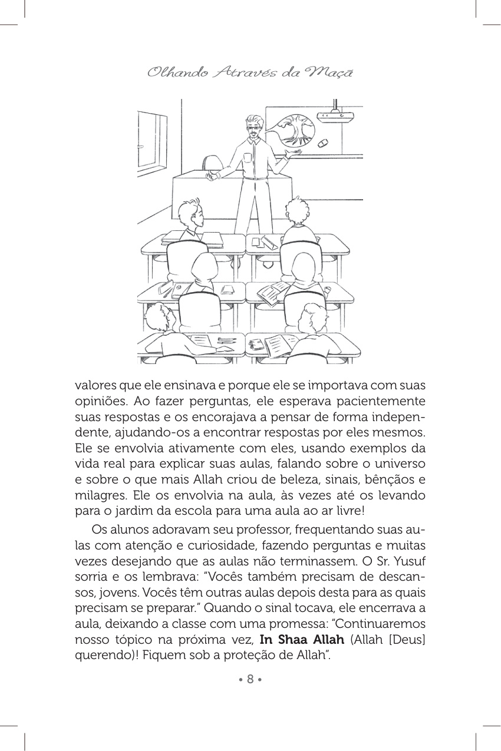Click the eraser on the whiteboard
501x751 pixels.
(322, 144)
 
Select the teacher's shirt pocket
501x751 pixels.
(247, 157)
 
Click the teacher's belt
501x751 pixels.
(253, 178)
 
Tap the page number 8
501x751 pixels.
(250, 679)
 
